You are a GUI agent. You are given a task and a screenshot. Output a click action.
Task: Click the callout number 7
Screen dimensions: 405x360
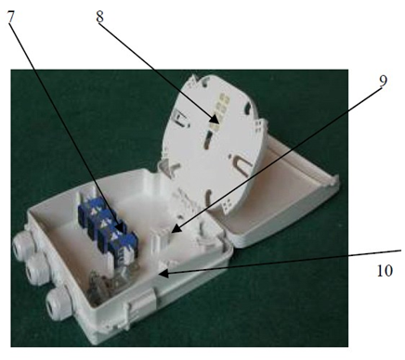(10, 17)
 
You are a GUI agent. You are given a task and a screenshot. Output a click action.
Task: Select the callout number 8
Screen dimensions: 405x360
(99, 17)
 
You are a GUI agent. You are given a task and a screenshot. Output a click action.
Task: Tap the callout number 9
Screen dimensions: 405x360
(383, 82)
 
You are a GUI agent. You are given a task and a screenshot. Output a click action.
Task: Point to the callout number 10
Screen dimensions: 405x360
(385, 271)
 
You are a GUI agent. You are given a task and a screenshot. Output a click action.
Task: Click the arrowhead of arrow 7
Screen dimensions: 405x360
(120, 226)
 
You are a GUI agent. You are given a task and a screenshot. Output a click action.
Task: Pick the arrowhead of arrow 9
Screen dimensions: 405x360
(176, 229)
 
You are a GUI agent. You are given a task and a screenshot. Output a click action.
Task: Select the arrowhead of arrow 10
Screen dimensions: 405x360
(163, 274)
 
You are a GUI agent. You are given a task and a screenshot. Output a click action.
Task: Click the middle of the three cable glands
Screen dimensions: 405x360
(33, 270)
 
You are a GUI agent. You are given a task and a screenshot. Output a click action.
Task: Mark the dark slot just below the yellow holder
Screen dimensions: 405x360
(208, 138)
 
